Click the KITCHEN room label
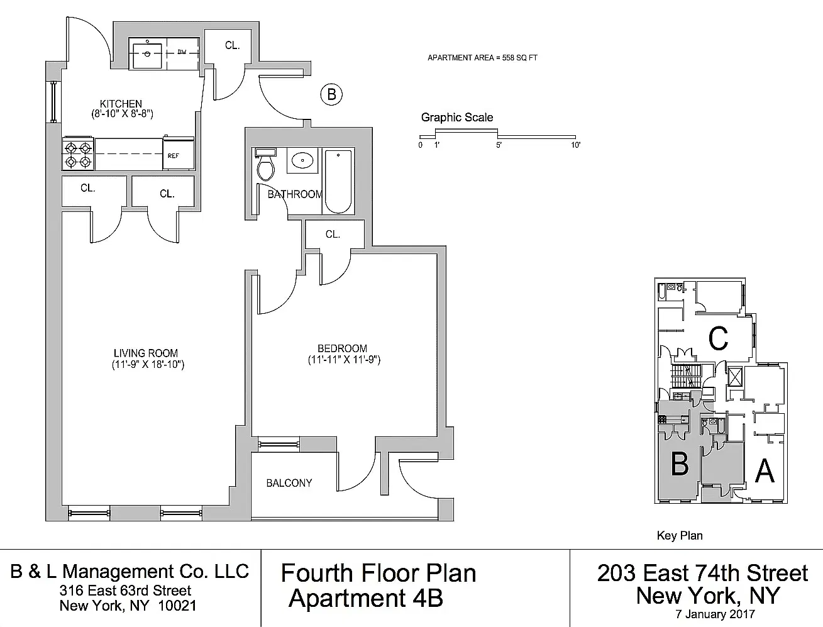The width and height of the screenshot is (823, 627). pyautogui.click(x=121, y=104)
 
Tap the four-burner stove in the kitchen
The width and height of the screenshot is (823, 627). pyautogui.click(x=78, y=153)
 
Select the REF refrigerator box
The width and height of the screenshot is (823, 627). pyautogui.click(x=179, y=153)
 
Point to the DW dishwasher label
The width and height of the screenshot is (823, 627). pyautogui.click(x=182, y=52)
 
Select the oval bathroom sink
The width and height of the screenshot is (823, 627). pyautogui.click(x=302, y=161)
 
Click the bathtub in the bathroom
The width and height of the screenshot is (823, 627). pyautogui.click(x=338, y=182)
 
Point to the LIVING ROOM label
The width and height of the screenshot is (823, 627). pyautogui.click(x=146, y=353)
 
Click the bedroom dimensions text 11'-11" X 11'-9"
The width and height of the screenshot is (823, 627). pyautogui.click(x=344, y=360)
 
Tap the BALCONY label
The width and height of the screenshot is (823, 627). pyautogui.click(x=289, y=483)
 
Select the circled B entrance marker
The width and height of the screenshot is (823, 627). pyautogui.click(x=331, y=94)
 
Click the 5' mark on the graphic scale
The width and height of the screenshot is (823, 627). pyautogui.click(x=499, y=145)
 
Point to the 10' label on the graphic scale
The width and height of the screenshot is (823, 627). pyautogui.click(x=575, y=145)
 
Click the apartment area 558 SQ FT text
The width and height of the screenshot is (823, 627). pyautogui.click(x=520, y=58)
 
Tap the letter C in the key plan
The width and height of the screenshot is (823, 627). pyautogui.click(x=718, y=338)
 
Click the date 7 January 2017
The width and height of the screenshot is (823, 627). pyautogui.click(x=715, y=614)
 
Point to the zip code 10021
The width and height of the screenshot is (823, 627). pyautogui.click(x=177, y=606)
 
